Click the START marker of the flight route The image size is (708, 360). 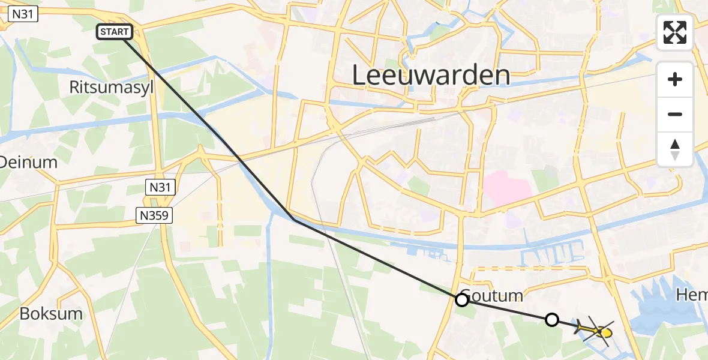click(114, 32)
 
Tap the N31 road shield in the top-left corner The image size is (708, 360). click(19, 15)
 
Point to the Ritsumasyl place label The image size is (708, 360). click(112, 88)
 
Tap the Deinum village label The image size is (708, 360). click(28, 162)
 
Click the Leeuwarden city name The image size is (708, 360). click(431, 76)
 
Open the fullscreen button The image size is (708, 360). click(675, 32)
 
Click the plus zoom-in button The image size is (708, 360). click(675, 80)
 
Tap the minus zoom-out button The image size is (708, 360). click(675, 114)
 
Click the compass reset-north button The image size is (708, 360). click(675, 149)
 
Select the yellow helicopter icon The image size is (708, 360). click(597, 331)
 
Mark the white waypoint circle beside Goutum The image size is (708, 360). click(462, 300)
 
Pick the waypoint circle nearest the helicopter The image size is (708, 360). click(552, 320)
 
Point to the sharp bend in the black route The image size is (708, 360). click(294, 220)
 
